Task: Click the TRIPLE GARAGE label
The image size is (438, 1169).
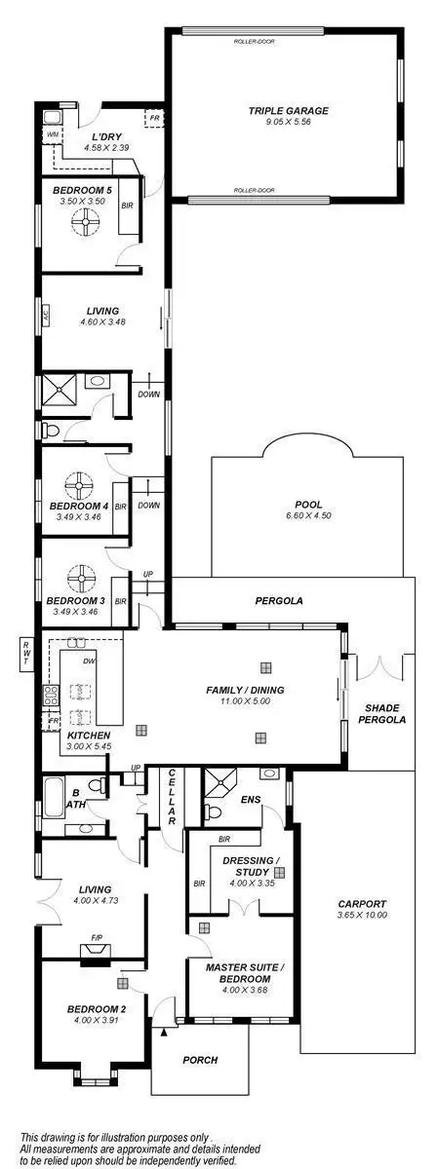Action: tap(287, 111)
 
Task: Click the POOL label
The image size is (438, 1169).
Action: tap(308, 504)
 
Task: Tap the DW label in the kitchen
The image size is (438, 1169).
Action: tap(89, 660)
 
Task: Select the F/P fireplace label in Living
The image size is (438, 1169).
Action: tap(97, 939)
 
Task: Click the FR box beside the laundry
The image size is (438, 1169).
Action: tap(153, 118)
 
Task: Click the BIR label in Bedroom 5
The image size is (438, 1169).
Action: tap(127, 207)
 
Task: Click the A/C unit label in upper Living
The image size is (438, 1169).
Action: tap(46, 314)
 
